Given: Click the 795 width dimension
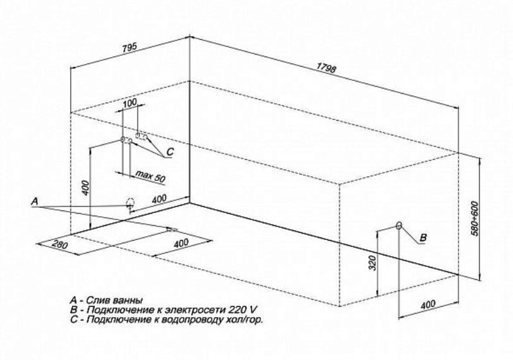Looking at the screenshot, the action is tap(130, 48).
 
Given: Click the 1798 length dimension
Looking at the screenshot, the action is tap(326, 67).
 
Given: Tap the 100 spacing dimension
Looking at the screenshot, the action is tap(130, 103).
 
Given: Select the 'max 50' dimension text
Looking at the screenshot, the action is tap(150, 176).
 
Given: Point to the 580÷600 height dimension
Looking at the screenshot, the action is tap(475, 218).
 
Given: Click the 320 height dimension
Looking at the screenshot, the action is tap(373, 263).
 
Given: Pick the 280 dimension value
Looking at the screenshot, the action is tap(60, 244).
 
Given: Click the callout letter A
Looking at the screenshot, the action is tap(35, 201).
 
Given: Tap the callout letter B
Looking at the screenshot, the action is tap(423, 237).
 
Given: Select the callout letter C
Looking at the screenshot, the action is tap(170, 152).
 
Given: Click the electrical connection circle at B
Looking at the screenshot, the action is tap(399, 225).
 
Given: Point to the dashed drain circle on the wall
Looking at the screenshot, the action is tap(130, 203).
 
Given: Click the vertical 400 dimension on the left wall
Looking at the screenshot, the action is tap(85, 188).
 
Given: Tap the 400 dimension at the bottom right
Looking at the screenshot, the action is tap(428, 304).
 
